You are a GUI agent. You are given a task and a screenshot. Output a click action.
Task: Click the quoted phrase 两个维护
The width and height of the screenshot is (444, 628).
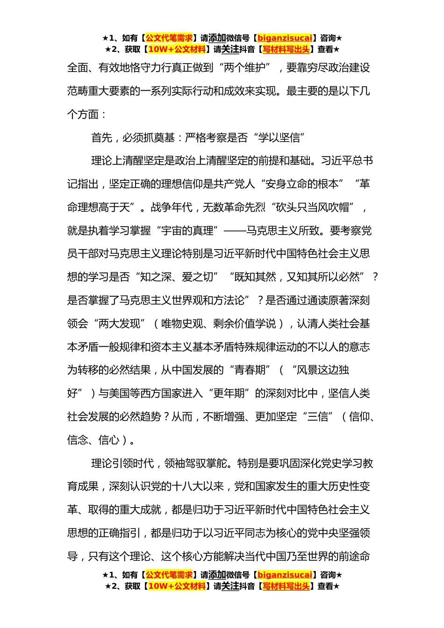244,68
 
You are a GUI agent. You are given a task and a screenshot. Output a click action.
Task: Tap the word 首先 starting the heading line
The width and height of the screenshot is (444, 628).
102,137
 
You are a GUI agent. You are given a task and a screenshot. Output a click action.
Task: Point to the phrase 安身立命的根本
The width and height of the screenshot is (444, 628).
302,184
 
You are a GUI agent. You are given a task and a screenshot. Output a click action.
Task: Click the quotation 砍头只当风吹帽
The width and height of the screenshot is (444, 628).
315,207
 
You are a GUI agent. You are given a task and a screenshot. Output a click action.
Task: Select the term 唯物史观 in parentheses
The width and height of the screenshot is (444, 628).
182,324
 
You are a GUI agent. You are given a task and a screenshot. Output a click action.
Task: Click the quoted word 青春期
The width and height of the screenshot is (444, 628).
250,370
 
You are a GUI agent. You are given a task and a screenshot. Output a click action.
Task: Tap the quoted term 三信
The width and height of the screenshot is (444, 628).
318,417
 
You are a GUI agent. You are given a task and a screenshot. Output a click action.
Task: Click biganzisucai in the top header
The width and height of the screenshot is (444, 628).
285,38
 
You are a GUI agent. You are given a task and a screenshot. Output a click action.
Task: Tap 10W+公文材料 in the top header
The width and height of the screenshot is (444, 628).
177,50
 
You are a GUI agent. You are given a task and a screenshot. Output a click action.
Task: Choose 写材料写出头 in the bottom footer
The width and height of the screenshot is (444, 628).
286,586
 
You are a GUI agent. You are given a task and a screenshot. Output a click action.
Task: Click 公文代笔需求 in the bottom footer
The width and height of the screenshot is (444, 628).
169,575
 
